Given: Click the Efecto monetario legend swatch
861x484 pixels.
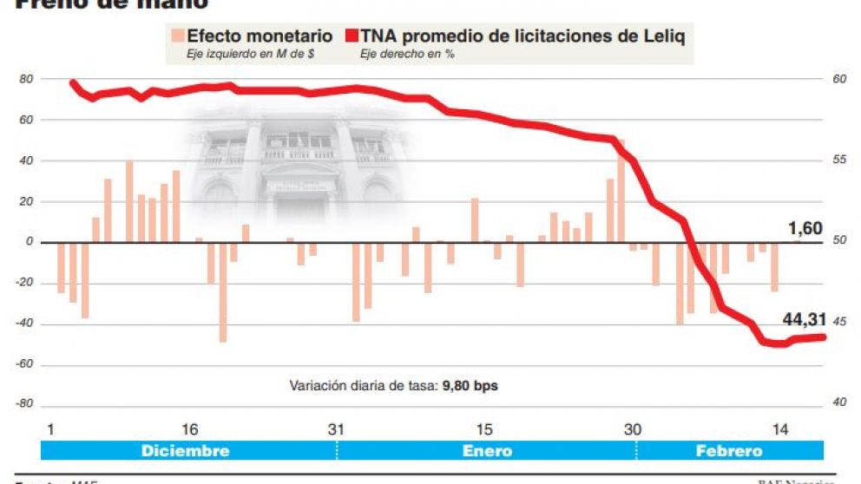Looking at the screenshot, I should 177,36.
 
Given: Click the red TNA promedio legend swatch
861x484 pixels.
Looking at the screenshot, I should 352,36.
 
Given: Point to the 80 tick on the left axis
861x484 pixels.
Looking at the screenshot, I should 27,80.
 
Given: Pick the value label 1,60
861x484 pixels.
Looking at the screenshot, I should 805,229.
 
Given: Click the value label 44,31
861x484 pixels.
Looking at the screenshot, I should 804,319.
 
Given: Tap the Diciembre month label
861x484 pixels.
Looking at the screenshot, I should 185,451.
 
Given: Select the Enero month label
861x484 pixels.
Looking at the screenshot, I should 487,451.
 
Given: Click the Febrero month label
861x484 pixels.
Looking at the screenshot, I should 729,451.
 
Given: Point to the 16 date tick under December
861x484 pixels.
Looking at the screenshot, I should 190,429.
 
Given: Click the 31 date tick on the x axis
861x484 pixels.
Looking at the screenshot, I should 337,429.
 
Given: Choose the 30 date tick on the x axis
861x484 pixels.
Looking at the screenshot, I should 633,429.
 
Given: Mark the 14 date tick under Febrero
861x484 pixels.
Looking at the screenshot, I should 780,429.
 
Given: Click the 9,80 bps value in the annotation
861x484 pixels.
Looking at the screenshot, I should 470,385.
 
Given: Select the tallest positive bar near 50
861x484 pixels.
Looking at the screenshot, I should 621,191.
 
